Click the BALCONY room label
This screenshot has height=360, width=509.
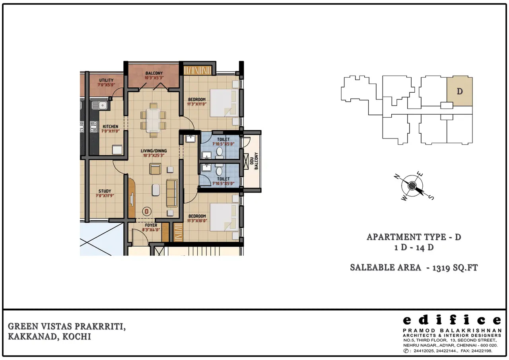coord(154,73)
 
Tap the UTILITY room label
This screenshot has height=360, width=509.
coord(106,80)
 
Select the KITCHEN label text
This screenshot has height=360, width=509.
coord(111,126)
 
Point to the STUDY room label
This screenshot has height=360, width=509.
coord(105,191)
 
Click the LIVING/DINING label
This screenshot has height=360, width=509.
coord(154,151)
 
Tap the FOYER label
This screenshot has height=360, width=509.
coord(151,225)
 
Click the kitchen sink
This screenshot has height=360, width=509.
coord(99,105)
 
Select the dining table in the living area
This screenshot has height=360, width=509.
coord(153,121)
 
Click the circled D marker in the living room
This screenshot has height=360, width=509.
coord(147,211)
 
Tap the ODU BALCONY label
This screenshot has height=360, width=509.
coord(254,161)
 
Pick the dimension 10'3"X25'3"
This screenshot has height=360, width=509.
coord(154,156)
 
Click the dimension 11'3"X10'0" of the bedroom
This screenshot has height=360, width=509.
coord(197,221)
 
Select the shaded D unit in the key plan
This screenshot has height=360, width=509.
coord(460,91)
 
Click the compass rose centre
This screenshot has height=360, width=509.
coord(412,186)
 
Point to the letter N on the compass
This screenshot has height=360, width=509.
coord(397,176)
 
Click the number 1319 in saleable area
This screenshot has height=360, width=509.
coord(441,268)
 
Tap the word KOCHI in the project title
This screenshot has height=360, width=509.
coord(77,337)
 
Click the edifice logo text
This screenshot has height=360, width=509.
coord(452,320)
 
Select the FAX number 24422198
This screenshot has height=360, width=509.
coord(482,351)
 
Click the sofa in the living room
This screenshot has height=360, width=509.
coord(172,193)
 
